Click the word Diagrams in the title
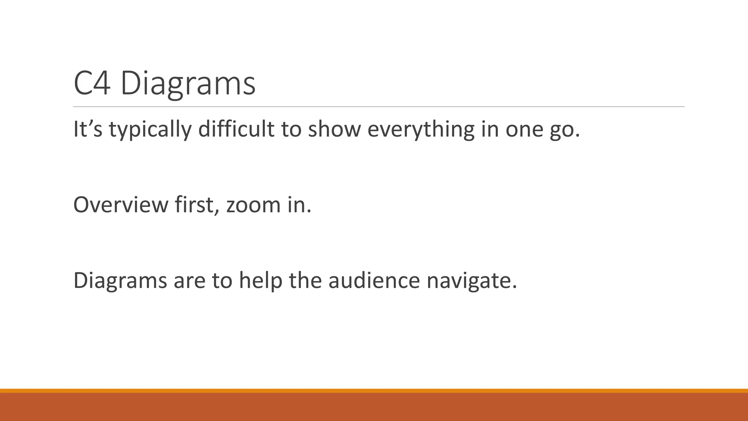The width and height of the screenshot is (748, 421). (x=188, y=84)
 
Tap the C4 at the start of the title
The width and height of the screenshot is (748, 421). (x=92, y=84)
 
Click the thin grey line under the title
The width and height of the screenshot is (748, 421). (x=378, y=107)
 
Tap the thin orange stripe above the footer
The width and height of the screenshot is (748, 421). (x=374, y=391)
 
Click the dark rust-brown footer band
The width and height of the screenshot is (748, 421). (x=374, y=407)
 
